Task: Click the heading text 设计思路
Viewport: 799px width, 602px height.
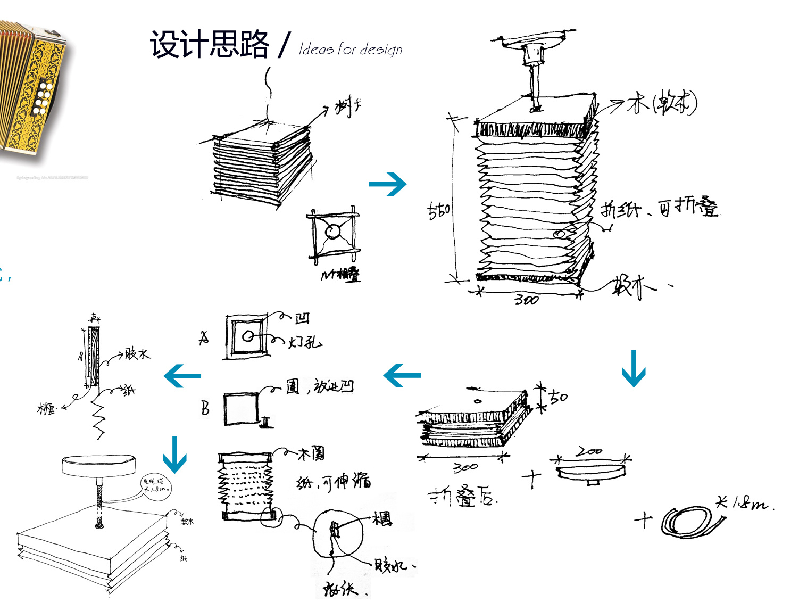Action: click(209, 44)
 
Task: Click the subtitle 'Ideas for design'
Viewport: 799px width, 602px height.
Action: click(351, 50)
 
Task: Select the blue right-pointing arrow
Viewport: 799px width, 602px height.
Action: click(387, 184)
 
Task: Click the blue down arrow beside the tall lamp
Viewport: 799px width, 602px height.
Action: click(634, 368)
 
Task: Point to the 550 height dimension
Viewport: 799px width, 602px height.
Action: click(439, 210)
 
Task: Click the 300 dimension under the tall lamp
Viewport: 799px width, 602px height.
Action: click(526, 300)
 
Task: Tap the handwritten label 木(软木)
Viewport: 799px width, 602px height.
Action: click(661, 103)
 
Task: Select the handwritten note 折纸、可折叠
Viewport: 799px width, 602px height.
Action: click(660, 208)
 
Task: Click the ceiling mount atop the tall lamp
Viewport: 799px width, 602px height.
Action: click(534, 40)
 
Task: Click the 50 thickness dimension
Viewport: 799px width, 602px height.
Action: click(558, 397)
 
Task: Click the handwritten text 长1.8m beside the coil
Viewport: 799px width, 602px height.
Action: click(744, 502)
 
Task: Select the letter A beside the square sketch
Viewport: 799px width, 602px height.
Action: click(204, 339)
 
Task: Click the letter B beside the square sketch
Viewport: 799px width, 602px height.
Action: click(205, 408)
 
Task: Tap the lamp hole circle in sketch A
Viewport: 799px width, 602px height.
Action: click(248, 336)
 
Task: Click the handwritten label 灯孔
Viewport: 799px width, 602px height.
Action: click(305, 342)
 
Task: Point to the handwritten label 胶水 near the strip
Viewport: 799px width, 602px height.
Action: click(137, 354)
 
